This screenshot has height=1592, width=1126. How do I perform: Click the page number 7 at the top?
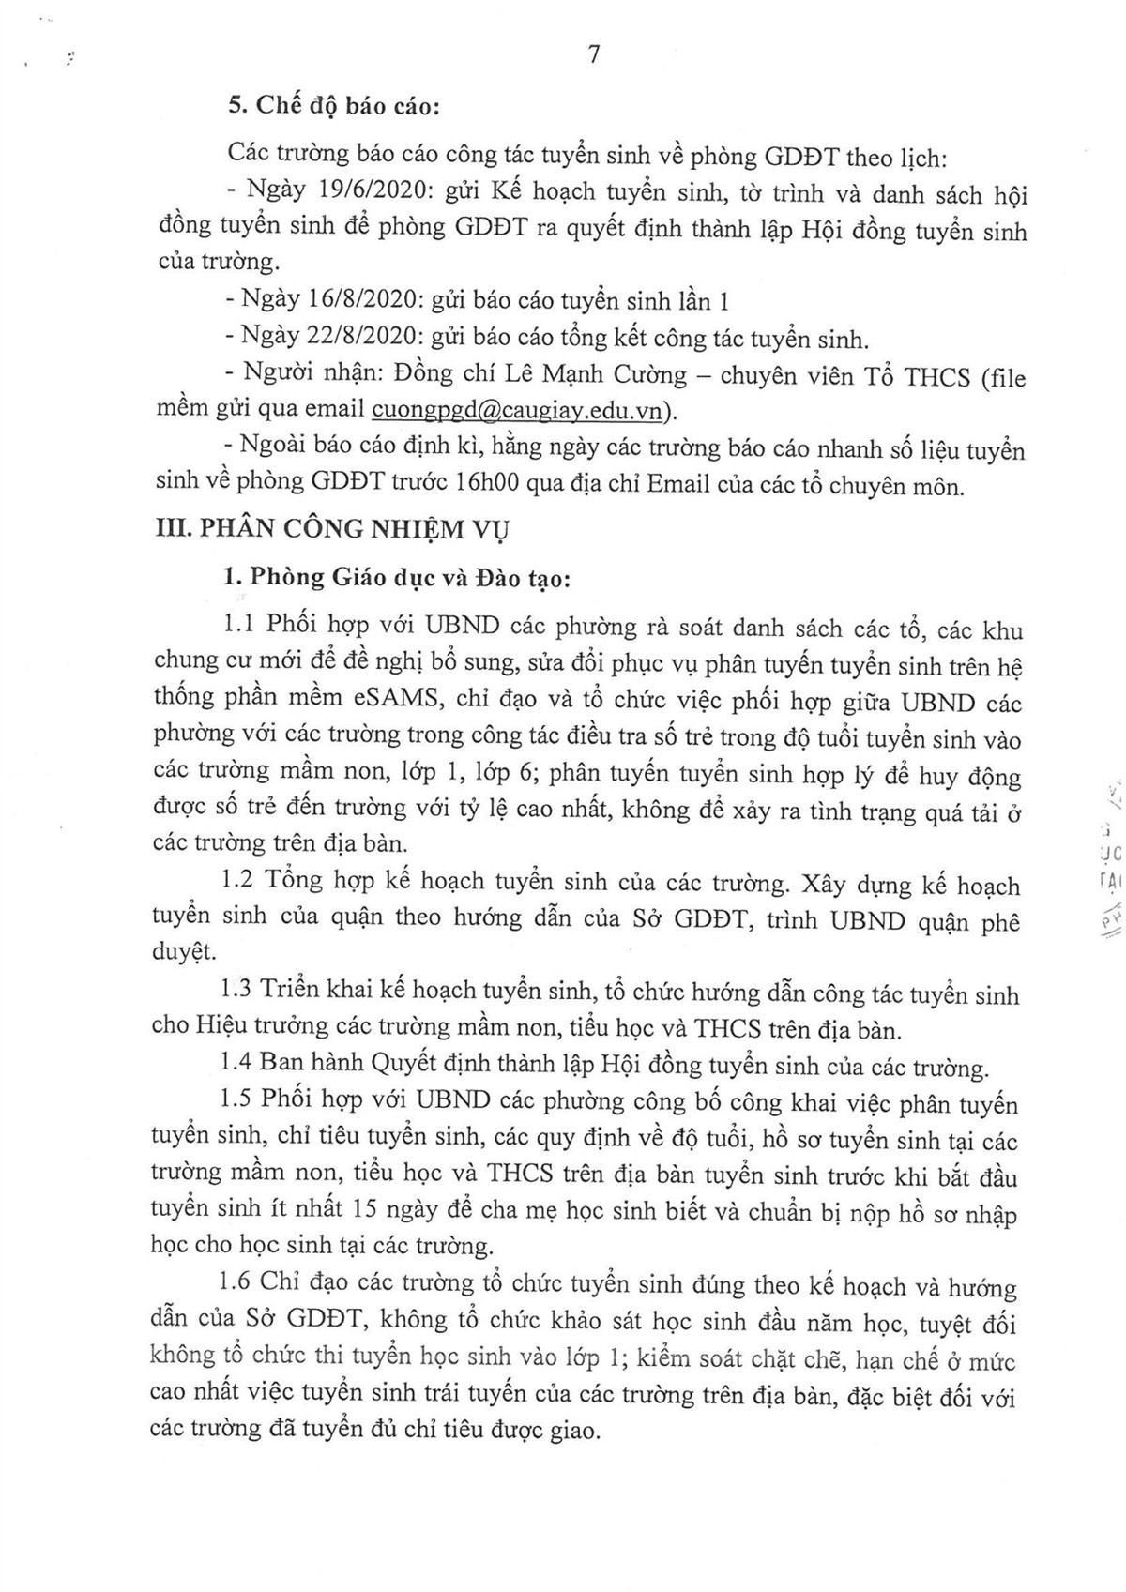pos(592,54)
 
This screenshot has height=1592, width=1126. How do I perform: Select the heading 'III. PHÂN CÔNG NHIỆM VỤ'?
pos(333,529)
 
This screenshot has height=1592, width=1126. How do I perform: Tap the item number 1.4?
pos(237,1066)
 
